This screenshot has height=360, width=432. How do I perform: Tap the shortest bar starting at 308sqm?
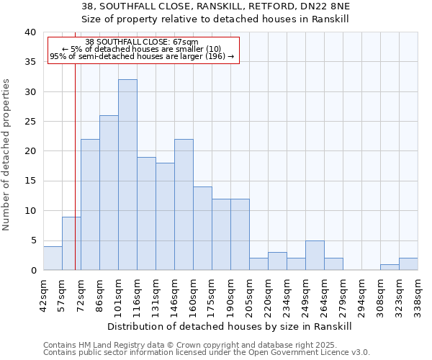(x=390, y=267)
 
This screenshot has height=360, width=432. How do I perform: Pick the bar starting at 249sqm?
(x=315, y=256)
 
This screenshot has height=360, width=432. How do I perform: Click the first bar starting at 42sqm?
(x=53, y=258)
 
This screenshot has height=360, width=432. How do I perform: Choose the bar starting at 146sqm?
(x=184, y=204)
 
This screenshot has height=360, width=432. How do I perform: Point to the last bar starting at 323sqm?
(x=408, y=264)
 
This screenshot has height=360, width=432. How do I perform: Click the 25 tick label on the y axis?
(x=30, y=122)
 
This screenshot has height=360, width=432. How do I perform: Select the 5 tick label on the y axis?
(x=32, y=240)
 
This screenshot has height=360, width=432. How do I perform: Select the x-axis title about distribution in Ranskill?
(x=230, y=327)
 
